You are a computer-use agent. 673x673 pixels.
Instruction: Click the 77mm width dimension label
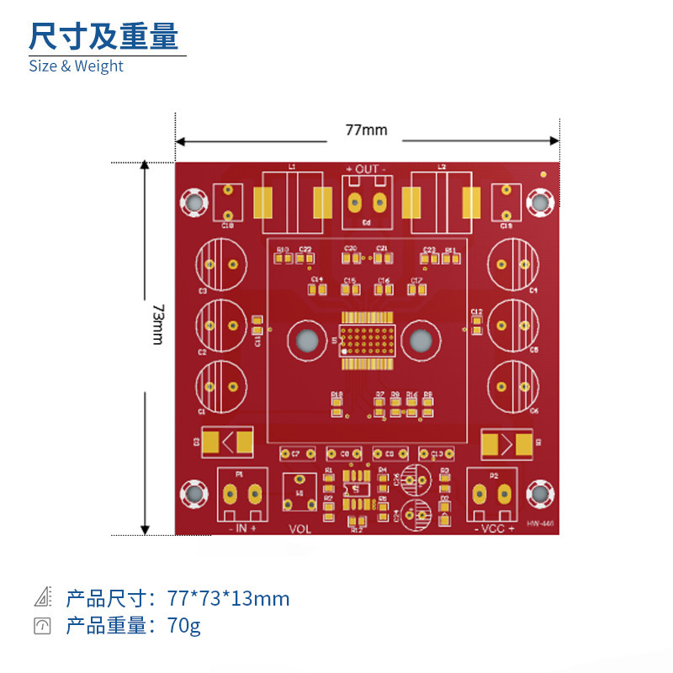pos(366,130)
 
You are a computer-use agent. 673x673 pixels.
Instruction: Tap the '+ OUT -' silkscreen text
pos(366,169)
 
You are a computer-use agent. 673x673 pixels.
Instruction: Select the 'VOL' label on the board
pos(299,529)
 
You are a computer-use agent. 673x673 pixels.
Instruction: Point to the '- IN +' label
pos(242,528)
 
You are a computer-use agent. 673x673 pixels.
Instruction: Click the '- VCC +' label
pos(494,529)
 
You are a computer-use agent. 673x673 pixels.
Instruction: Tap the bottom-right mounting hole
pos(539,494)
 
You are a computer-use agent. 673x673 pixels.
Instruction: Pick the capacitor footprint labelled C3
pos(221,263)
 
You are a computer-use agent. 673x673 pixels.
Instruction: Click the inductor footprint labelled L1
pos(292,203)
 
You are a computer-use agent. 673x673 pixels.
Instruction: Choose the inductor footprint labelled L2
pos(441,203)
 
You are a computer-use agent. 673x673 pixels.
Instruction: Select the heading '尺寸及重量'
pos(103,36)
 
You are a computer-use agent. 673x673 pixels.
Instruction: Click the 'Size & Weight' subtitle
pos(76,66)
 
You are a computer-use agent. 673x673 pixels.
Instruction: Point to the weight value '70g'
pos(184,625)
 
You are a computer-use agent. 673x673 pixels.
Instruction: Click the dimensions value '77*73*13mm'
pos(228,598)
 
